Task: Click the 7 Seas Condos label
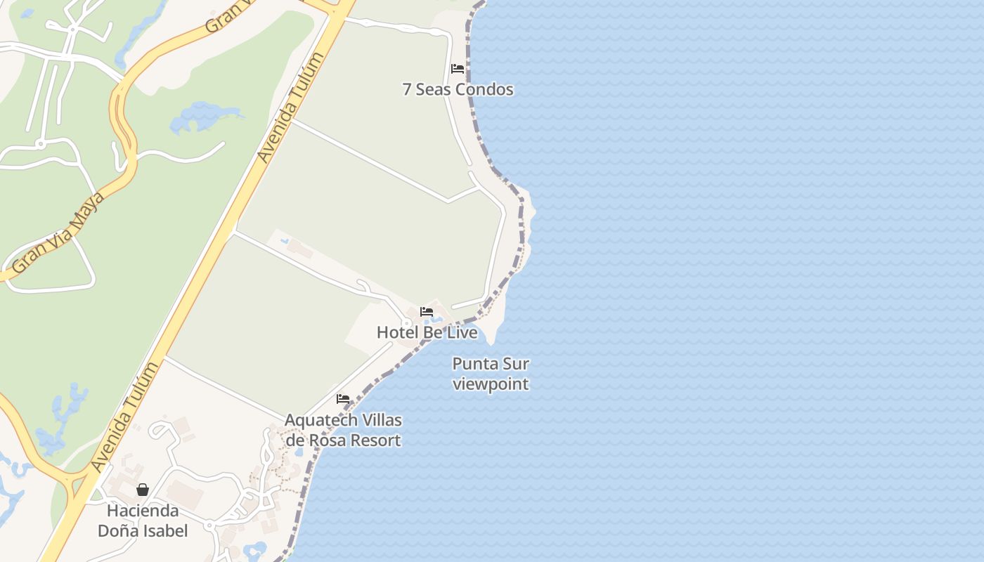click(x=458, y=90)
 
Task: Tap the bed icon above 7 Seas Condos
click(x=458, y=69)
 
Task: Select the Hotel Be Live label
click(x=427, y=332)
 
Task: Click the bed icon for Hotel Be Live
click(x=427, y=312)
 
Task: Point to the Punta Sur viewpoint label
click(x=491, y=374)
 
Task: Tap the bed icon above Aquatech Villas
click(x=343, y=399)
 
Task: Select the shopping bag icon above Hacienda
click(x=143, y=490)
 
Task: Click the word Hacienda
click(x=143, y=511)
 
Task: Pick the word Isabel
click(x=166, y=531)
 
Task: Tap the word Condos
click(x=484, y=90)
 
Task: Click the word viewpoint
click(x=491, y=384)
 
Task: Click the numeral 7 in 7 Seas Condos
click(x=407, y=90)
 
